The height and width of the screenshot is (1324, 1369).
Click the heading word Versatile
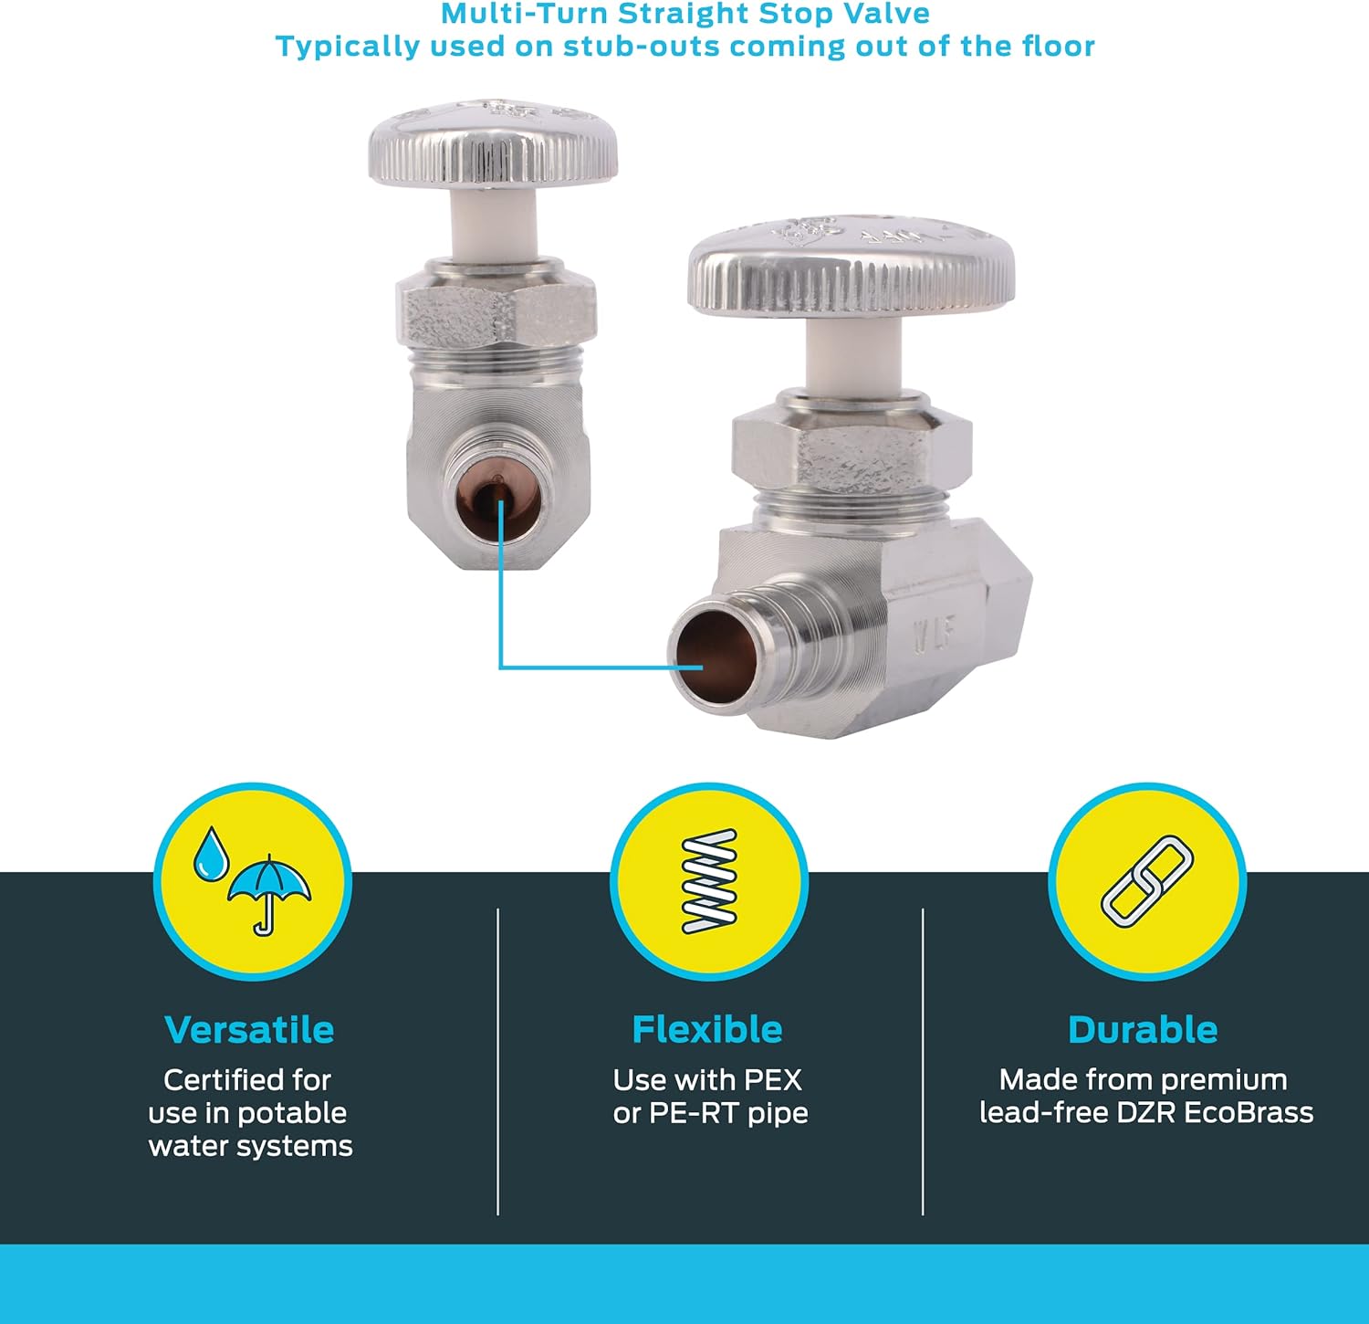(x=249, y=1029)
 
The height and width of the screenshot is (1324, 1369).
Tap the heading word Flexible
(x=707, y=1029)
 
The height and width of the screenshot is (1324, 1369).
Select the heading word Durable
(x=1143, y=1029)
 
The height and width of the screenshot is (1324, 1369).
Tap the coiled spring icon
(x=709, y=881)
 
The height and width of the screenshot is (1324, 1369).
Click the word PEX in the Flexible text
(x=772, y=1080)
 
